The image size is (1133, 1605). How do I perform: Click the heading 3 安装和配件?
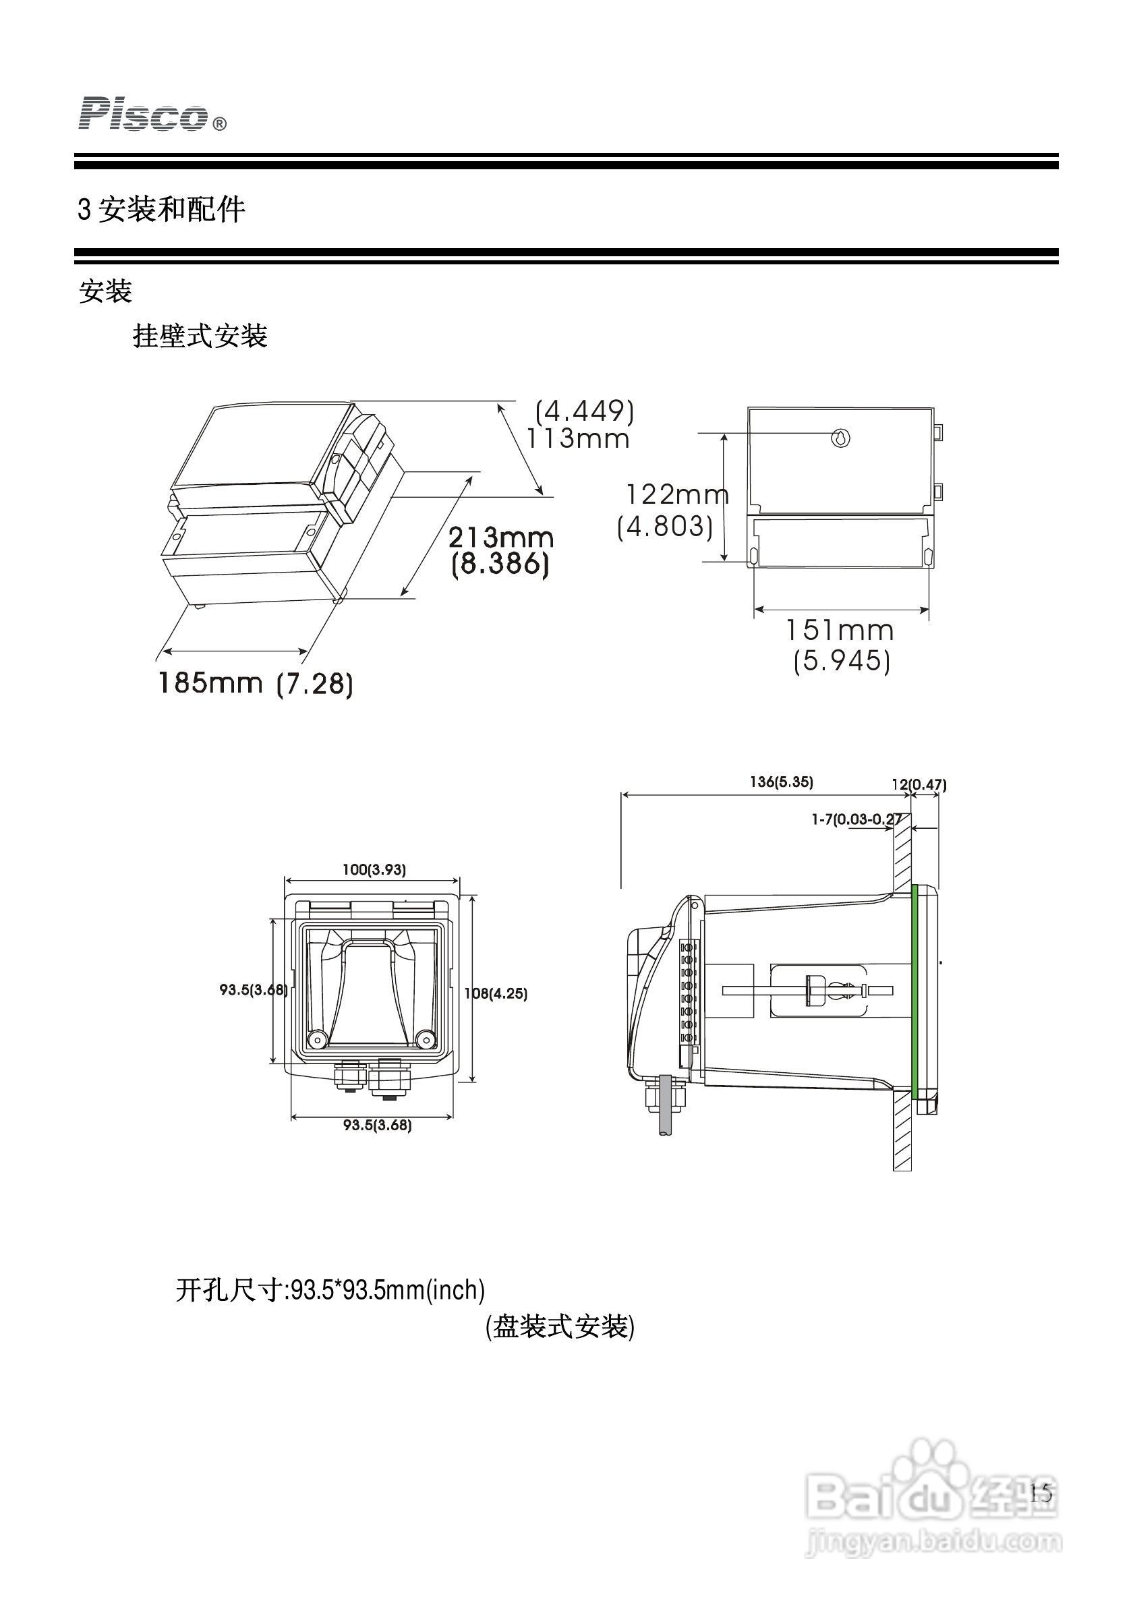[x=161, y=209]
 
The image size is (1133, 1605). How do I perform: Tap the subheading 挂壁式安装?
[x=200, y=337]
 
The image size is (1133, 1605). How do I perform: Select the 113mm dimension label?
[x=578, y=439]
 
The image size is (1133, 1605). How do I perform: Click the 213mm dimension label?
[x=500, y=537]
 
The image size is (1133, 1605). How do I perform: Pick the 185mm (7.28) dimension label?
[x=255, y=683]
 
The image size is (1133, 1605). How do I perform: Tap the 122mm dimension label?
[x=675, y=495]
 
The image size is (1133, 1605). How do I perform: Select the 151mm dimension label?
[x=840, y=631]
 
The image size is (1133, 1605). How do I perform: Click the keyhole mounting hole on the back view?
[x=841, y=438]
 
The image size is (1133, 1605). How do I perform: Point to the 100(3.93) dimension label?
[x=374, y=870]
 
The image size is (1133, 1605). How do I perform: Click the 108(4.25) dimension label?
[x=496, y=993]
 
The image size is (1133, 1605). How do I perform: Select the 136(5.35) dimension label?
[x=782, y=782]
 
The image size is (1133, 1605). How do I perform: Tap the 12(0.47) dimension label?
[x=919, y=784]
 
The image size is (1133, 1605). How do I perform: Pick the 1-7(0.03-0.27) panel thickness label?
[x=856, y=819]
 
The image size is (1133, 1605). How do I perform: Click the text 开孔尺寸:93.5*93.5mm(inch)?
[x=330, y=1289]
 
